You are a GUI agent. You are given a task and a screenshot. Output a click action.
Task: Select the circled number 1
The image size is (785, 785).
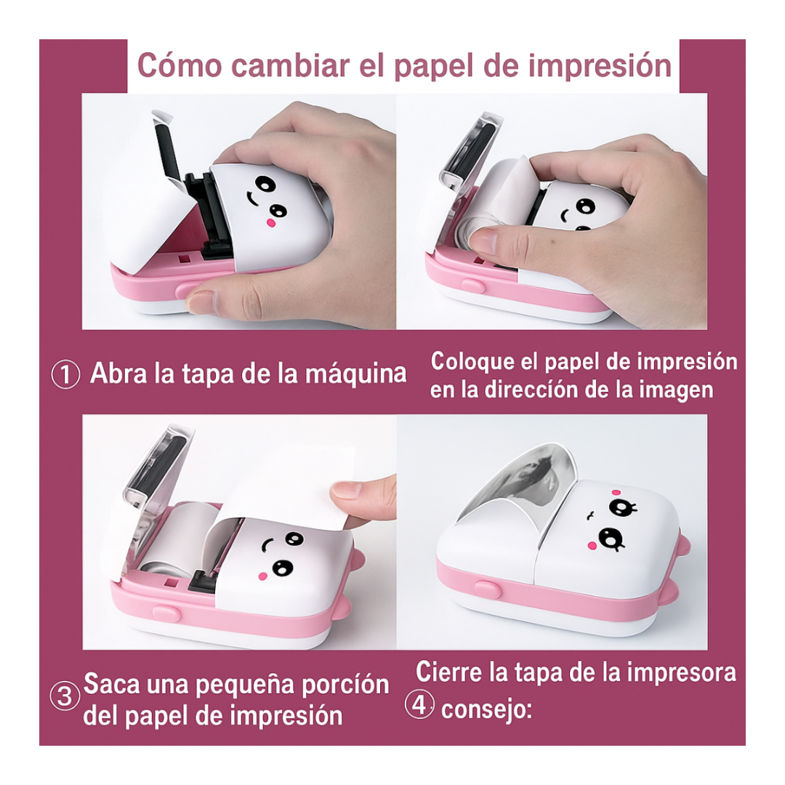65,375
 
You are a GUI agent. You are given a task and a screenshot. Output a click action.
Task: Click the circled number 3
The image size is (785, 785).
65,696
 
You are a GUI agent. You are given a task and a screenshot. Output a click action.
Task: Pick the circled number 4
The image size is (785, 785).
419,705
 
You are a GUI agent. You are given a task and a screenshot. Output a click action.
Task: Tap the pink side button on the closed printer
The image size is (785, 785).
488,589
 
